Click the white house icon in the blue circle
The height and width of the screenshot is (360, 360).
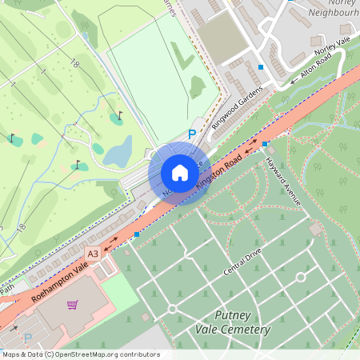[179, 174]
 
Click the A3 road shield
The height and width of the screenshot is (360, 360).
[92, 254]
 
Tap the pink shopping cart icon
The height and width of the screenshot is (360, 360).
[73, 304]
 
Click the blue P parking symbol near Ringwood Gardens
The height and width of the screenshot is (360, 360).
[191, 135]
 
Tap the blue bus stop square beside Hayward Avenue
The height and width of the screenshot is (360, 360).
[265, 144]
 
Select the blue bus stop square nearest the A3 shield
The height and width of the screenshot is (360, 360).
[137, 234]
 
